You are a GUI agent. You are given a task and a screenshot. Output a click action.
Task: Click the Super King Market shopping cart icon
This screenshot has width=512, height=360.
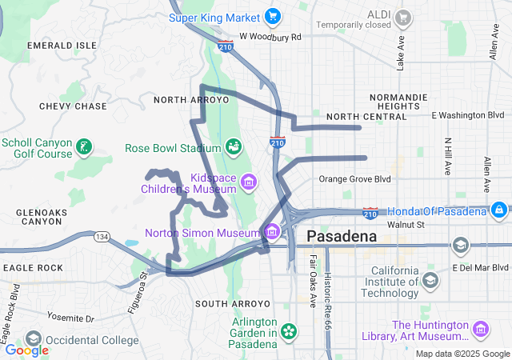[x=273, y=17]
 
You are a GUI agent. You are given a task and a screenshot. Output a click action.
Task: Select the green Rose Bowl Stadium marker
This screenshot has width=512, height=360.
[x=234, y=147]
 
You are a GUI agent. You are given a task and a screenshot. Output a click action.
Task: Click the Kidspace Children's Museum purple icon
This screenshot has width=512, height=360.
[x=249, y=182]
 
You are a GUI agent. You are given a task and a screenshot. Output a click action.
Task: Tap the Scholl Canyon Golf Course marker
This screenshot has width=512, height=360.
[x=83, y=147]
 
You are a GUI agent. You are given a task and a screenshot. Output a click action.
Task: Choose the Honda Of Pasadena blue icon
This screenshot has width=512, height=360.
[x=498, y=210]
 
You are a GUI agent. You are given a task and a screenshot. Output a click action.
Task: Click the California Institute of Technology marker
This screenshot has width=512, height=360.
[x=430, y=280]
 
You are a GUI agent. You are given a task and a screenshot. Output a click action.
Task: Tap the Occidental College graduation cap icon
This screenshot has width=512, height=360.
[x=33, y=339]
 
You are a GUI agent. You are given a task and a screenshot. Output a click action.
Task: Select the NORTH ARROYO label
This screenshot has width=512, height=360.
[x=191, y=100]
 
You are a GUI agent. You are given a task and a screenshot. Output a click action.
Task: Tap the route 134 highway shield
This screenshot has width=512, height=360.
[x=102, y=237]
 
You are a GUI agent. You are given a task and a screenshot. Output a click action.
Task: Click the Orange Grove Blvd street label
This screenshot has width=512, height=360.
[x=354, y=179]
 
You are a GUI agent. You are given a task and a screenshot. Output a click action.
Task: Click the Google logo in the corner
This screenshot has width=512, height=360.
[x=27, y=350]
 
